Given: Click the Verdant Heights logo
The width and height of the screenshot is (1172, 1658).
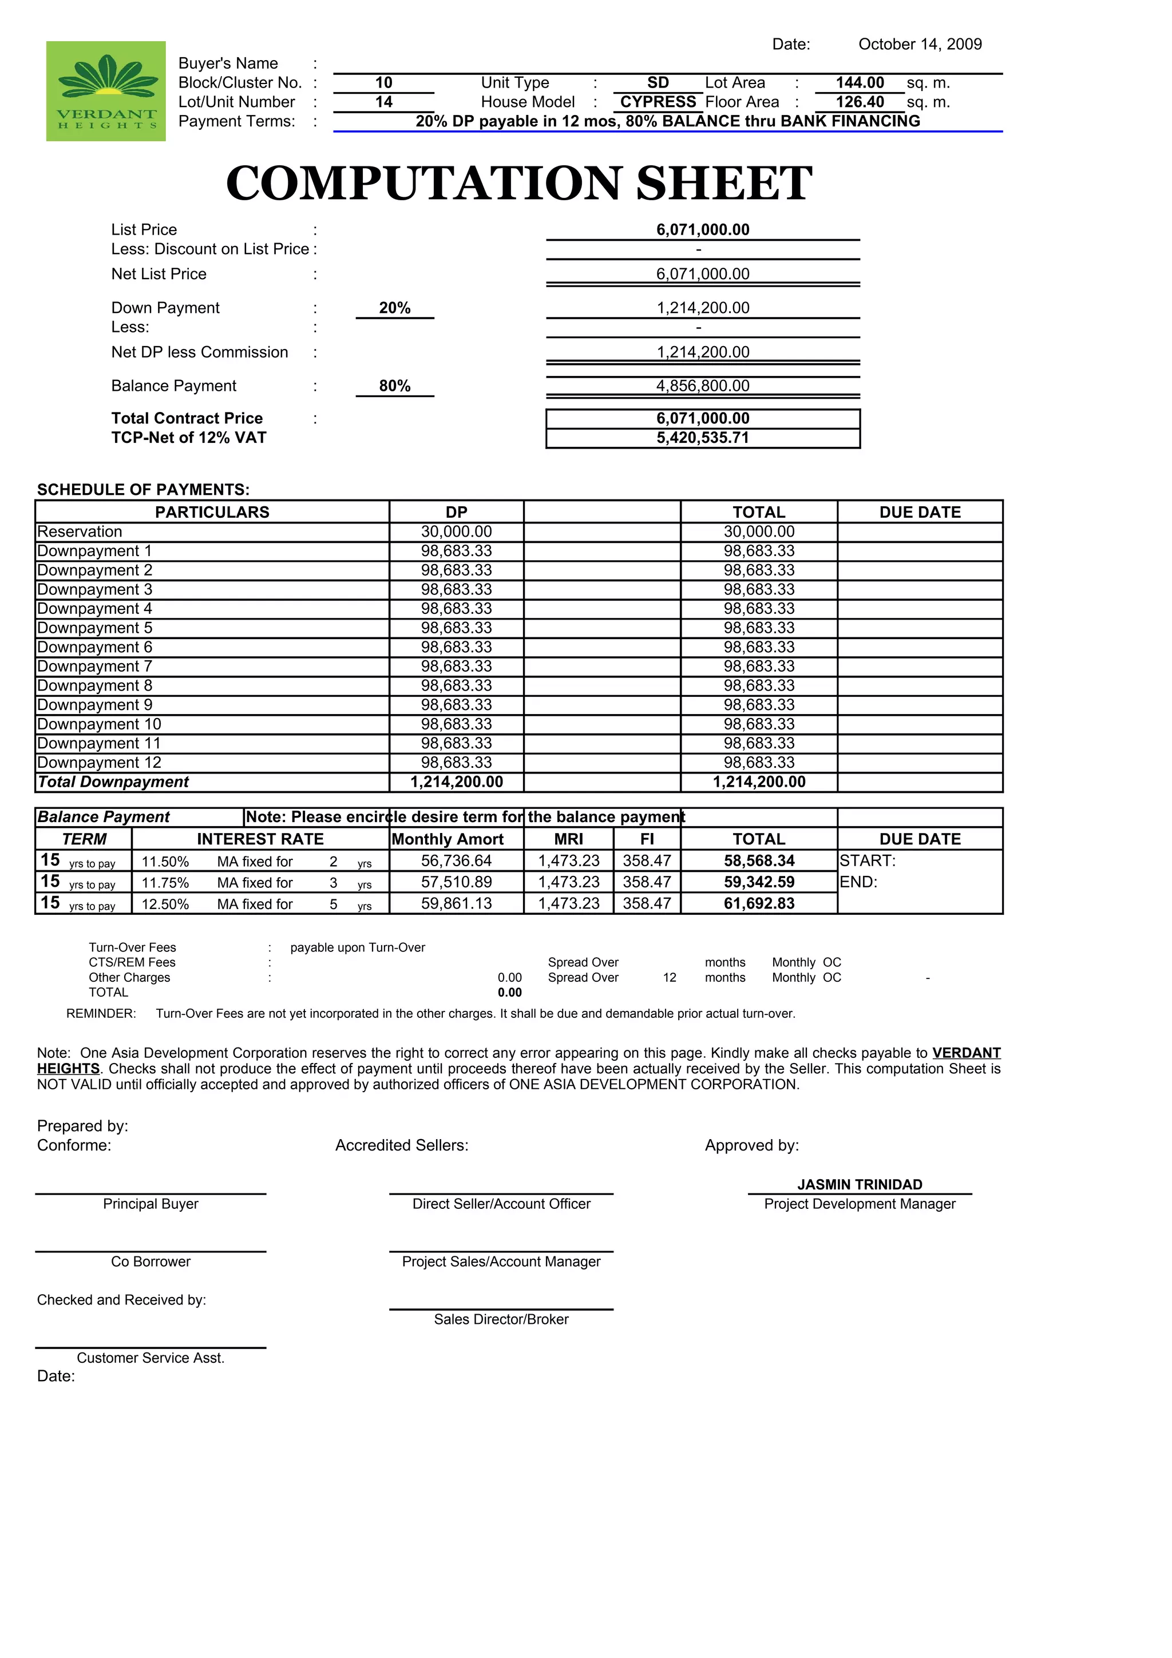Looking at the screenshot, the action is [105, 91].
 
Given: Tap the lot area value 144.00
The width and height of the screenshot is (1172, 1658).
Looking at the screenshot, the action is [860, 83].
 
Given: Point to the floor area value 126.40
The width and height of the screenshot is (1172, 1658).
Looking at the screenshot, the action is [860, 102].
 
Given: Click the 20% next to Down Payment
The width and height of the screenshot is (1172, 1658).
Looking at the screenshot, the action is [394, 308].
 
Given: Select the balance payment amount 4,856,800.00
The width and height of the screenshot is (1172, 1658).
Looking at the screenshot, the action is [702, 386].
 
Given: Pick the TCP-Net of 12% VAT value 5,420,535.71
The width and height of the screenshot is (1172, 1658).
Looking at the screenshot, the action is [702, 438].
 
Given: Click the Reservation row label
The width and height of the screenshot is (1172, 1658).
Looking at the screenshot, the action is [80, 532].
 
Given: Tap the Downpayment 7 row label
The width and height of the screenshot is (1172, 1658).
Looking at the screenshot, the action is [94, 667].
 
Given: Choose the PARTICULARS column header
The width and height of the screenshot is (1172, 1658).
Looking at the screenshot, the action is [212, 513].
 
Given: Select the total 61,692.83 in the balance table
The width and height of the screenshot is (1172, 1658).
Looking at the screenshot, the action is [758, 904].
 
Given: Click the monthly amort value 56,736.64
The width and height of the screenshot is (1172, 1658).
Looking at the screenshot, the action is [456, 862].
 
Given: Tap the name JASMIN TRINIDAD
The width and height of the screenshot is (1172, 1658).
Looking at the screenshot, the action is [860, 1185].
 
